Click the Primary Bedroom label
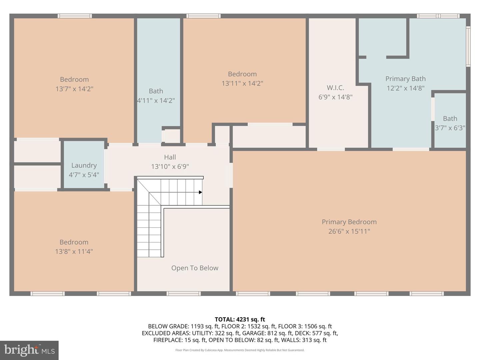coord(349,222)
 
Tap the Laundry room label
coord(84,165)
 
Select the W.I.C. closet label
coord(335,88)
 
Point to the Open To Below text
coord(195,268)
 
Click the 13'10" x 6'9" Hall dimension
coord(170,166)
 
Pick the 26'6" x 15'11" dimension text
coord(349,231)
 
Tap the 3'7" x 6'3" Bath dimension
coord(450,128)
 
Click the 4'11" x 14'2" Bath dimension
coord(156,100)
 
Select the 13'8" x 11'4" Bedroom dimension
coord(74,251)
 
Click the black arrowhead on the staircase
coord(200,192)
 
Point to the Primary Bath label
coord(405,79)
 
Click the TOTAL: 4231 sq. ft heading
coord(240,319)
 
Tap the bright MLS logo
coord(29,350)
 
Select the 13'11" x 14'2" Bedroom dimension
coord(242,83)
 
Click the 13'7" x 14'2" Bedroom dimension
coord(74,89)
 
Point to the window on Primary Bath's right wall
coord(468,47)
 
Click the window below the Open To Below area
coord(184,294)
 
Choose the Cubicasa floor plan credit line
coord(240,350)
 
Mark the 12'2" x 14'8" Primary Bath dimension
coord(405,88)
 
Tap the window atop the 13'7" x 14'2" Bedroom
coord(75,16)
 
